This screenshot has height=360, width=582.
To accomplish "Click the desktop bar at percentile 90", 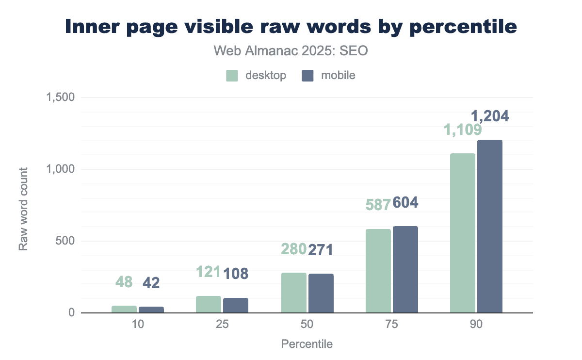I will (462, 233).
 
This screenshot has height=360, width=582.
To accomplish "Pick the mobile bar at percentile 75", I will (405, 269).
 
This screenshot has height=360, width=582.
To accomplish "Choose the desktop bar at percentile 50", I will (293, 293).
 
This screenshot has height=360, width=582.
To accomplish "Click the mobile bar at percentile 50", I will (321, 293).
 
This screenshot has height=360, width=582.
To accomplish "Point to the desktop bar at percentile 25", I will (209, 304).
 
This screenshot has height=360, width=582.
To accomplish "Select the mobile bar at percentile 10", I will (151, 310).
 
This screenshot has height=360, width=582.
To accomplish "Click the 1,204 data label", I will (490, 116).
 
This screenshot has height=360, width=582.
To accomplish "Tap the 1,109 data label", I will (462, 130).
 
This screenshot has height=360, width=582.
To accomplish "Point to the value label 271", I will (321, 249).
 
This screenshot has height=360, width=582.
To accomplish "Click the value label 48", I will (124, 281).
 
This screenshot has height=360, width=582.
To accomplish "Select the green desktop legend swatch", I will (232, 76).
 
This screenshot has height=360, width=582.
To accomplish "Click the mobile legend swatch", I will (307, 76).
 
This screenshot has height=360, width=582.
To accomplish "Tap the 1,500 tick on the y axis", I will (60, 98).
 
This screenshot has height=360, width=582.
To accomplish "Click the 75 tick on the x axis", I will (391, 325).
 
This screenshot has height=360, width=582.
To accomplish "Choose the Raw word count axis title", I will (23, 209).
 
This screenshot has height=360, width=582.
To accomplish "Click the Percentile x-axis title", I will (307, 344).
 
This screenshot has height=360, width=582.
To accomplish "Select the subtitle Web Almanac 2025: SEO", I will (291, 50).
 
